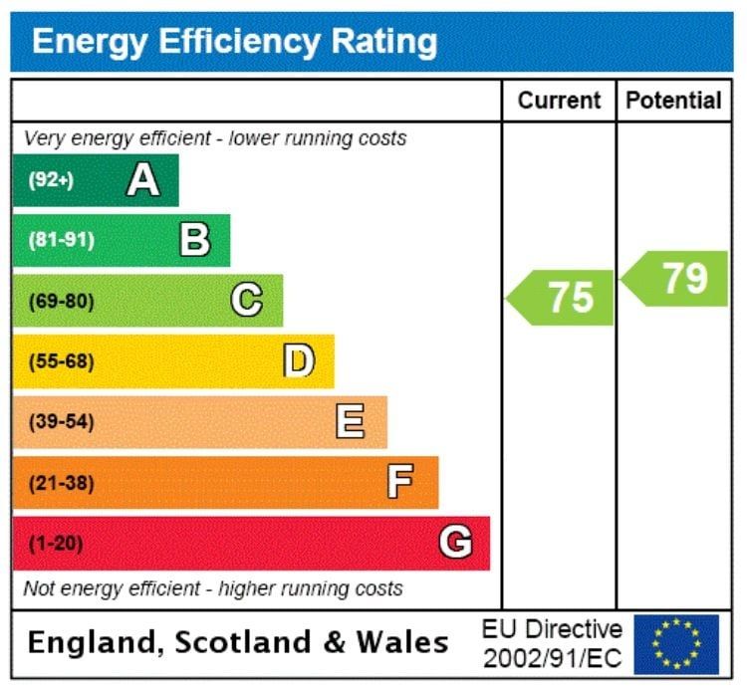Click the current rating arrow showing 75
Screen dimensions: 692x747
(563, 298)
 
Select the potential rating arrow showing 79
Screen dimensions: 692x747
(677, 279)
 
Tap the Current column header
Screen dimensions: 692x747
(559, 101)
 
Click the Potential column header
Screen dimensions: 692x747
(673, 101)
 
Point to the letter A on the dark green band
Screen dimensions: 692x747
(142, 180)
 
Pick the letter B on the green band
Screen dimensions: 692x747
(194, 240)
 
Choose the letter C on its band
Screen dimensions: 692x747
(247, 300)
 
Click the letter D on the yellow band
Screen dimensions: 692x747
(299, 360)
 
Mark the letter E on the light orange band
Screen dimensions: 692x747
(350, 422)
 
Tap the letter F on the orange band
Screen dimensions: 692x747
(400, 483)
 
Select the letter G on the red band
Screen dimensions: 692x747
(455, 543)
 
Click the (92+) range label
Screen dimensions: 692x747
(51, 180)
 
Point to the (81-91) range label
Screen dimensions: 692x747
(61, 240)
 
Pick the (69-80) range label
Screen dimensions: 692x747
(61, 301)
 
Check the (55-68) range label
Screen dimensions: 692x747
(61, 361)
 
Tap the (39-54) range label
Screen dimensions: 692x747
(61, 422)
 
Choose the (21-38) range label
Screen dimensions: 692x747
(61, 484)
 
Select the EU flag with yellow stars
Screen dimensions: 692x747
(676, 644)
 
